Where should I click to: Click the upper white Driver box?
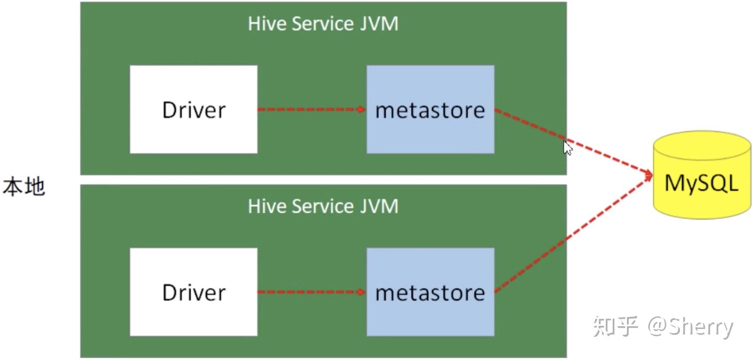tap(193, 109)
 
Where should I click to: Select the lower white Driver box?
tap(193, 292)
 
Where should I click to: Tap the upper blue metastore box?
tap(431, 109)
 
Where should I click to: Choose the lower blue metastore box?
tap(431, 292)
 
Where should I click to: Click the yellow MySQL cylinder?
tap(702, 175)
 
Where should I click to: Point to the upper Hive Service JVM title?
tap(323, 23)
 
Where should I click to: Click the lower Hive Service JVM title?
tap(323, 206)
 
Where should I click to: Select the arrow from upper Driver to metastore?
tap(312, 109)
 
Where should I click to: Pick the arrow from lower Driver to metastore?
tap(312, 292)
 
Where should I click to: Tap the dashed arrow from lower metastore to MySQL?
tap(574, 234)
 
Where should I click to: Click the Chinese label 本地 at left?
tap(24, 186)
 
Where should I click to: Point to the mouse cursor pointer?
tap(568, 148)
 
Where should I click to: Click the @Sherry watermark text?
tap(691, 327)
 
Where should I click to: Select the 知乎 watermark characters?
tap(615, 326)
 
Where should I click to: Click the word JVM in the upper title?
tap(379, 23)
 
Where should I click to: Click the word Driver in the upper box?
tap(194, 110)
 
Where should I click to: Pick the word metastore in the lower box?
tap(430, 293)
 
